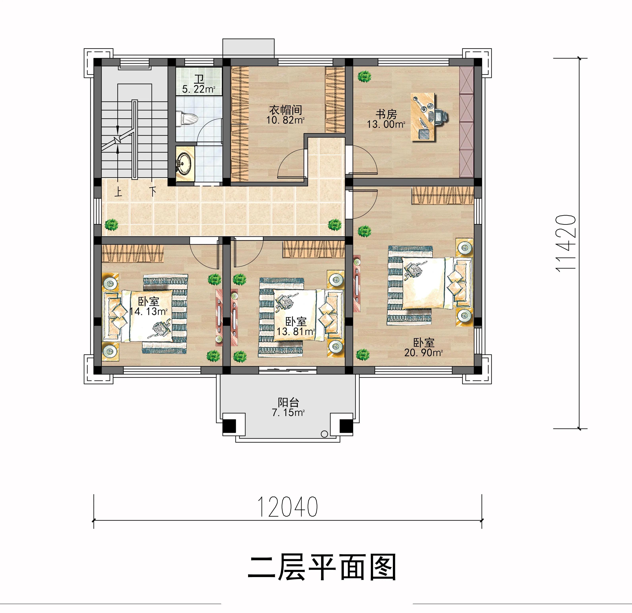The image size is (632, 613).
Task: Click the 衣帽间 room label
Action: [286, 110]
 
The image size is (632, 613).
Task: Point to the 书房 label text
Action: [386, 114]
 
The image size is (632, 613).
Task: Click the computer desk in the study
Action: [422, 117]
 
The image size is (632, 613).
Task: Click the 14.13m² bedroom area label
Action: [148, 311]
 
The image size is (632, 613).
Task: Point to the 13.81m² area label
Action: [296, 331]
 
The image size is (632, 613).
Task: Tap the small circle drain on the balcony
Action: [324, 434]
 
